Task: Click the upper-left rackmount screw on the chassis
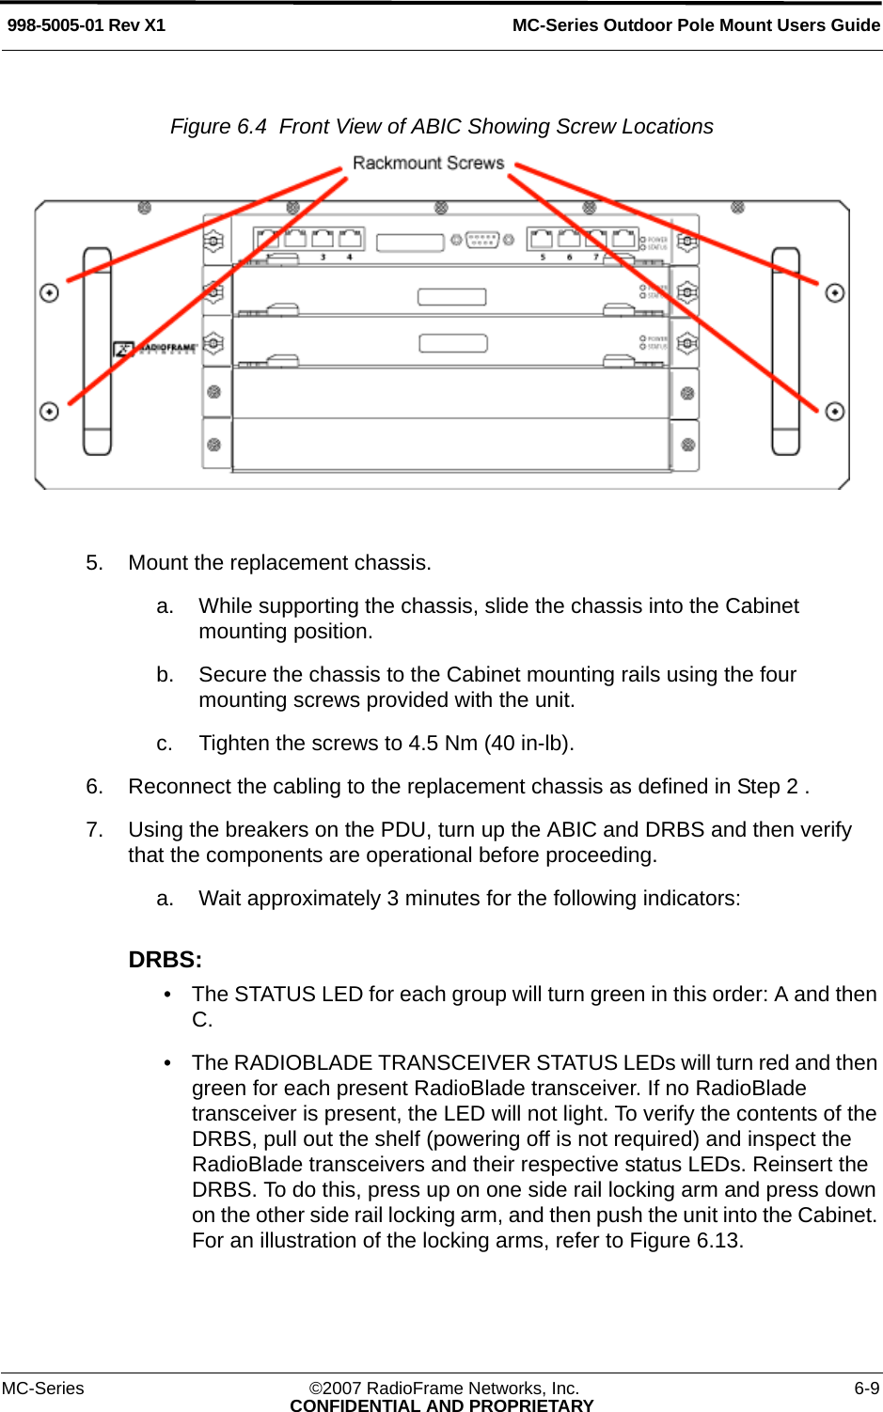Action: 49,293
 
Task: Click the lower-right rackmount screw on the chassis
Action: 834,412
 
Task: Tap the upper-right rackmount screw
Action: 834,293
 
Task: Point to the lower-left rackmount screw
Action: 49,412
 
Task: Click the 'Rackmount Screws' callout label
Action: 428,164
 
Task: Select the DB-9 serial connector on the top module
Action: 482,240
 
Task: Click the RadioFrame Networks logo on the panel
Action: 156,349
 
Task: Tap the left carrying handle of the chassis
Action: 97,352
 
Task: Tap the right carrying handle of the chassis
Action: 785,352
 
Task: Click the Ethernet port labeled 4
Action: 351,239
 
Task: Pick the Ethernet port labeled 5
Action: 541,239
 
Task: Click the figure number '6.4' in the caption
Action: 252,127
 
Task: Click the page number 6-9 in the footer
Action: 866,1388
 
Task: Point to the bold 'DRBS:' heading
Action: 166,960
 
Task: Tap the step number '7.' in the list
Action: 94,830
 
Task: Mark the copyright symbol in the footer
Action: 316,1388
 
